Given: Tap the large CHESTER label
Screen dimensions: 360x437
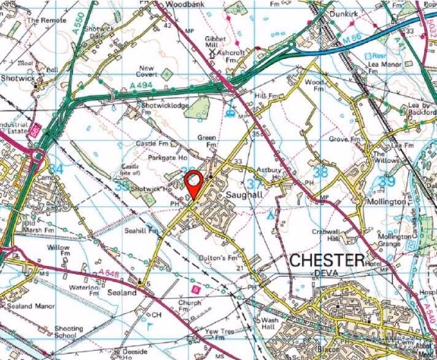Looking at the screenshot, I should [327, 260].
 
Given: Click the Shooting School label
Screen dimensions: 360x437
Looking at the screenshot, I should [69, 332].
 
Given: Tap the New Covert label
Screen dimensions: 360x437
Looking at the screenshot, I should [148, 71].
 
